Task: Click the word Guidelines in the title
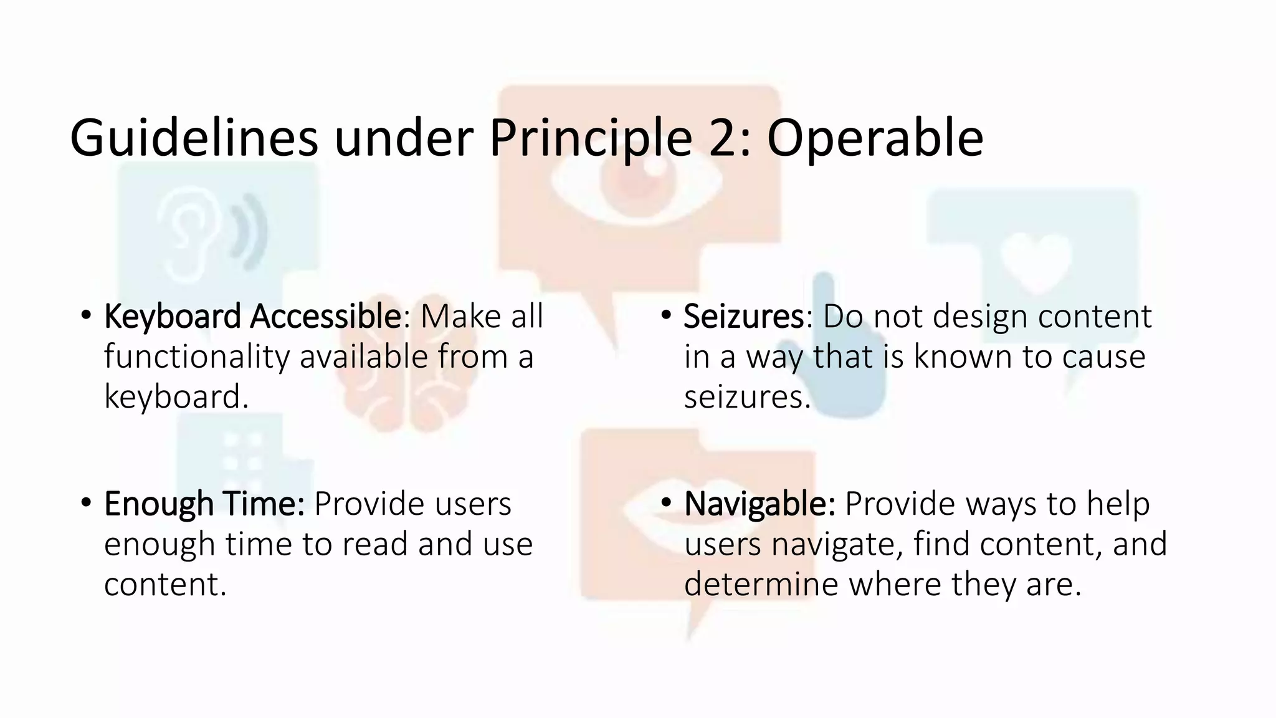pos(194,138)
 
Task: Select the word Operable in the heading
pos(875,138)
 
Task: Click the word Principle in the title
pos(590,138)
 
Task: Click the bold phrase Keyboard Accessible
pos(252,316)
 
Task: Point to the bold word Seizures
pos(744,316)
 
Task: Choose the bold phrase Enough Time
pos(204,504)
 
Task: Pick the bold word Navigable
pos(759,504)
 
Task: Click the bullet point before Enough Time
pos(86,502)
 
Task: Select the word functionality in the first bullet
pos(197,357)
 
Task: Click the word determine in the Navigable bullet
pos(761,584)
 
